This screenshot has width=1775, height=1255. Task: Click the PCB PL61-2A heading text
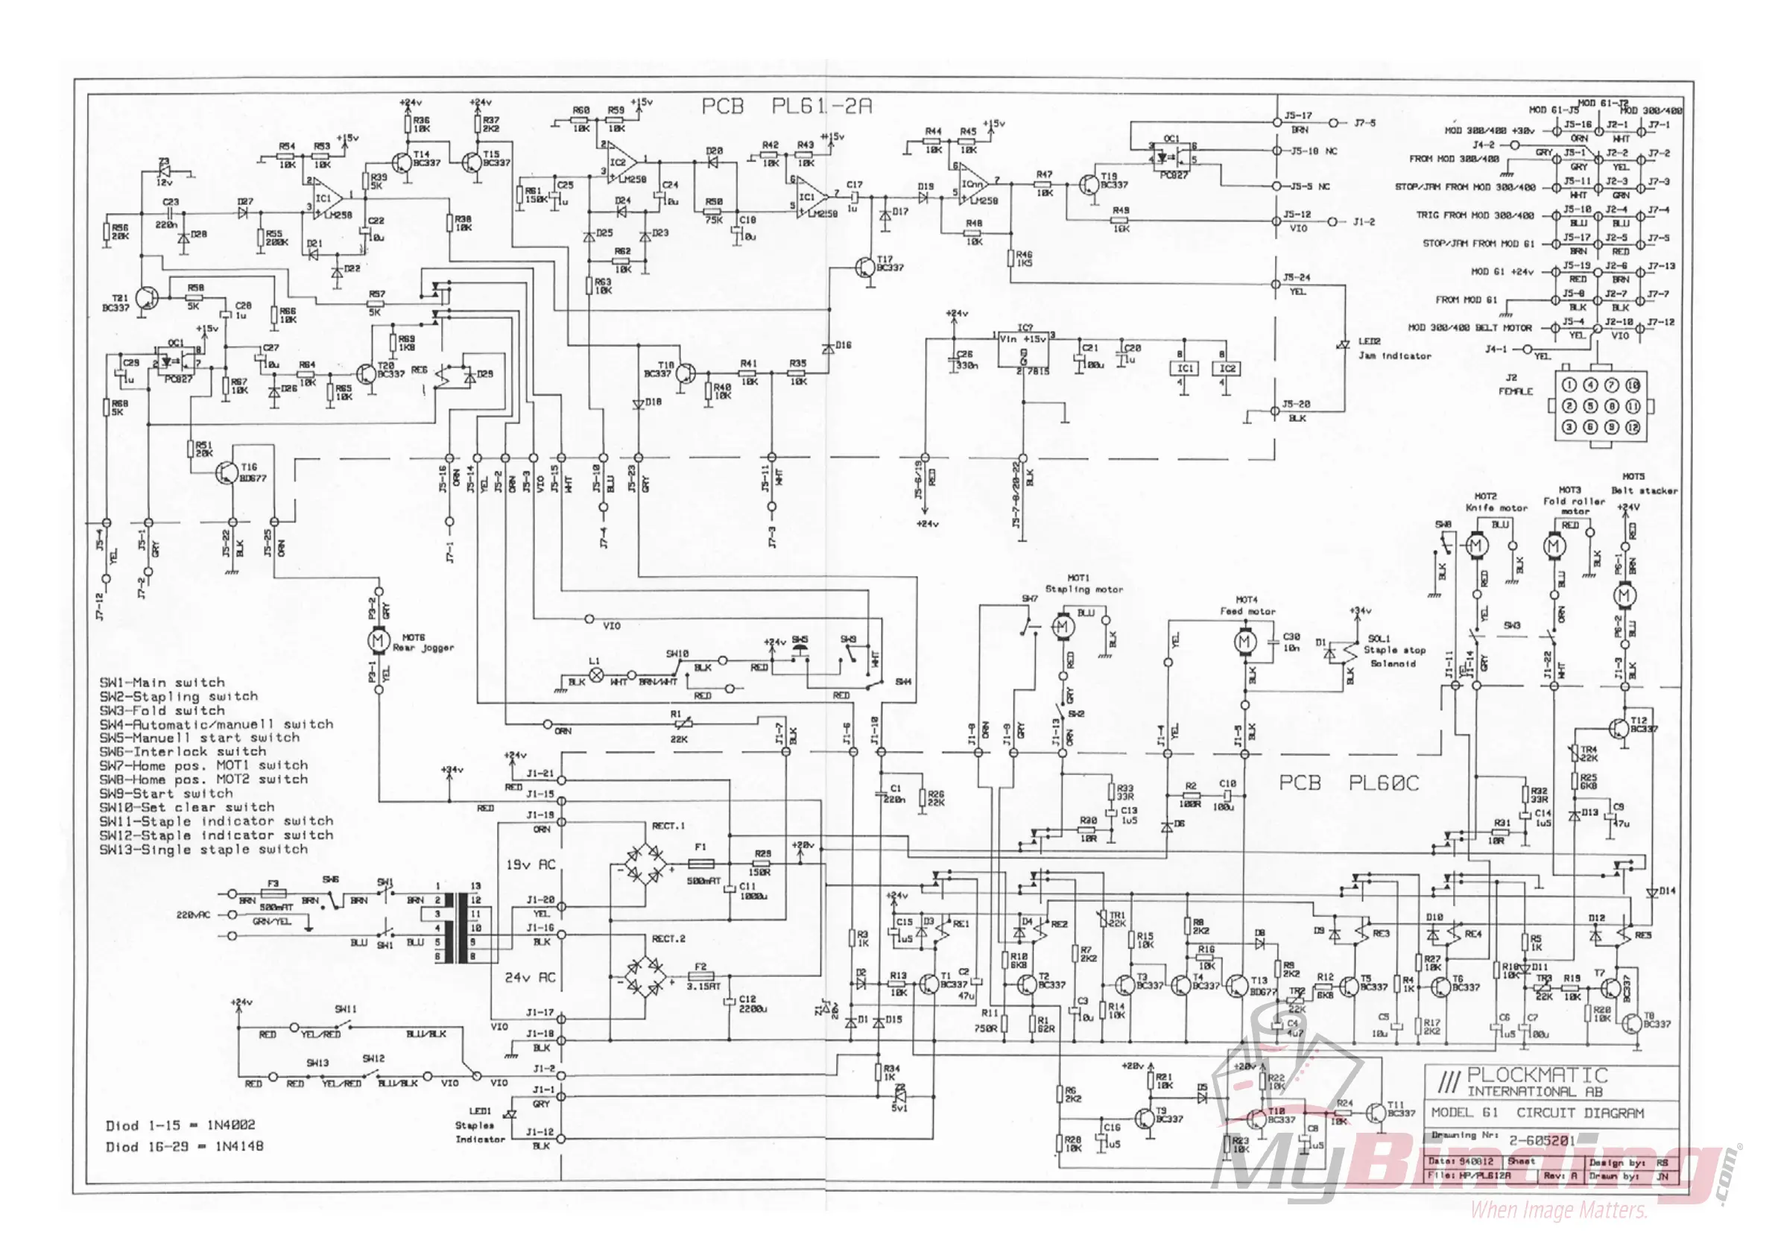[786, 107]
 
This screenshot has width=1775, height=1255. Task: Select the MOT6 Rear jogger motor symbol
[379, 640]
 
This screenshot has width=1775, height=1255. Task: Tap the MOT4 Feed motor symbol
[1244, 642]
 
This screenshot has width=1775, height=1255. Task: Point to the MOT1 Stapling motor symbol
[1063, 626]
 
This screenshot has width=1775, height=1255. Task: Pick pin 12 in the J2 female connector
[1633, 427]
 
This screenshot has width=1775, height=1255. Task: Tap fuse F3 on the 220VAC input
[273, 894]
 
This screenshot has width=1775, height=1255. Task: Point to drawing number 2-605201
[1542, 1140]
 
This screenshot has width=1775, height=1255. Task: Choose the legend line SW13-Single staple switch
[203, 850]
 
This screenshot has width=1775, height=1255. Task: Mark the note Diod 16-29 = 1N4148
[184, 1147]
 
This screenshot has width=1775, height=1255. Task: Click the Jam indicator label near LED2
[1395, 356]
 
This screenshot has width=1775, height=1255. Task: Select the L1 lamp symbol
[596, 674]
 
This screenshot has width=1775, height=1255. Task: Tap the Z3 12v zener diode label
[164, 171]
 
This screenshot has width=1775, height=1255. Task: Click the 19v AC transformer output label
[531, 864]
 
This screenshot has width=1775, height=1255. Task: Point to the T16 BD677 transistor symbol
[227, 474]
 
